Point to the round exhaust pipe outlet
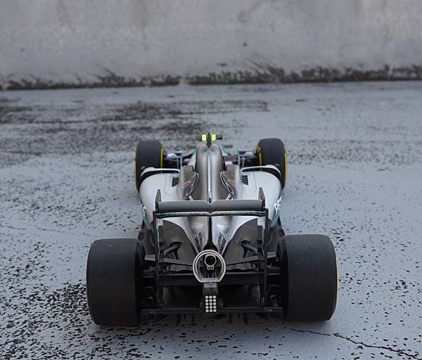210,264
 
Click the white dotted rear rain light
210,303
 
